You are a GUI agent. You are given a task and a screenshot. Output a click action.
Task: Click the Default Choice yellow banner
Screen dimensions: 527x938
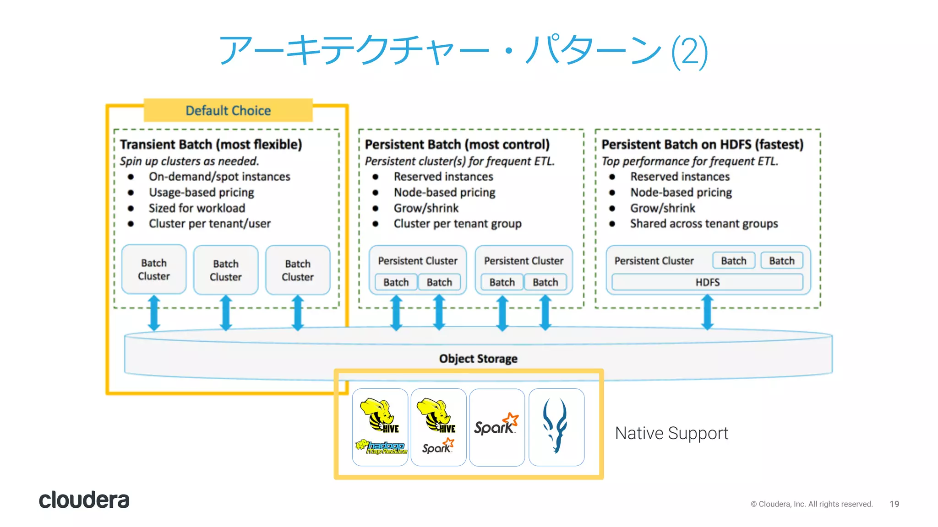click(228, 110)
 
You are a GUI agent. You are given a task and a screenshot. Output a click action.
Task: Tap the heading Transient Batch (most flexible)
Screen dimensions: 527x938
click(211, 145)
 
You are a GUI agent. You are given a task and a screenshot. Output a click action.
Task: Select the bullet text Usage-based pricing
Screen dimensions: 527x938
click(201, 193)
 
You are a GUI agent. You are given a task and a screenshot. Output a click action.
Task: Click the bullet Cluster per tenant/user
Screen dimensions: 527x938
click(209, 224)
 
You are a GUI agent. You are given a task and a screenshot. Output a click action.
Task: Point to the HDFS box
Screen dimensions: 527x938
click(707, 282)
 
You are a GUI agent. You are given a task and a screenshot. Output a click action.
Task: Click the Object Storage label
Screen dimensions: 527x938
click(478, 359)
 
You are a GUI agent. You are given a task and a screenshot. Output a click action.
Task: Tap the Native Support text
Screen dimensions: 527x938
click(671, 433)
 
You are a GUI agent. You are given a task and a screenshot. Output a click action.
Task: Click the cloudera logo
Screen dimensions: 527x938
click(84, 500)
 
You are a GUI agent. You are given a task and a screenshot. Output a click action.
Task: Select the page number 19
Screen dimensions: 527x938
click(894, 504)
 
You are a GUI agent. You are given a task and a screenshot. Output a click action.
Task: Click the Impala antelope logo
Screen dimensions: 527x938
click(556, 426)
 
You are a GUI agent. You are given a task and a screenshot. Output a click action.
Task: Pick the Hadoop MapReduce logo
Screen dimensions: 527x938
click(381, 447)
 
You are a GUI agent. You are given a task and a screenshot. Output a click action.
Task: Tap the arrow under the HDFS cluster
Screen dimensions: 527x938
click(707, 312)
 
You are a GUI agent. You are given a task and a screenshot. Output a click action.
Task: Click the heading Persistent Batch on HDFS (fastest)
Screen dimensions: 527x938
click(702, 145)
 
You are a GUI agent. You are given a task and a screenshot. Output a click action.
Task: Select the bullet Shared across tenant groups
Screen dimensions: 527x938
click(703, 224)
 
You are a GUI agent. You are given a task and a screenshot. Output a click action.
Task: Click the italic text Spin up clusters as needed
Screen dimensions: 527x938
click(189, 161)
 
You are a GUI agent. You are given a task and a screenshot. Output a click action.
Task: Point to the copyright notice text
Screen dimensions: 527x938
click(811, 504)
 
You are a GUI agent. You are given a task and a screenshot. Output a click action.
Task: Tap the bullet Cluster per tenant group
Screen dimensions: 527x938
click(457, 224)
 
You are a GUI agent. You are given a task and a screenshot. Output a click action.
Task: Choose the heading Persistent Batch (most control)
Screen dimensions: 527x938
click(457, 145)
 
